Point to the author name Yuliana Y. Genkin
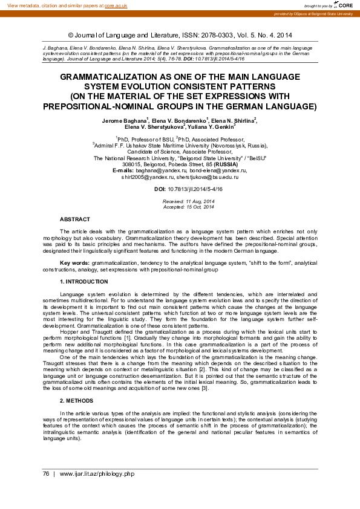click(x=212, y=127)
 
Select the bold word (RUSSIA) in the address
click(x=226, y=164)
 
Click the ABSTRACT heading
click(x=75, y=219)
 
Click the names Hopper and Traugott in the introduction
click(x=90, y=332)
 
